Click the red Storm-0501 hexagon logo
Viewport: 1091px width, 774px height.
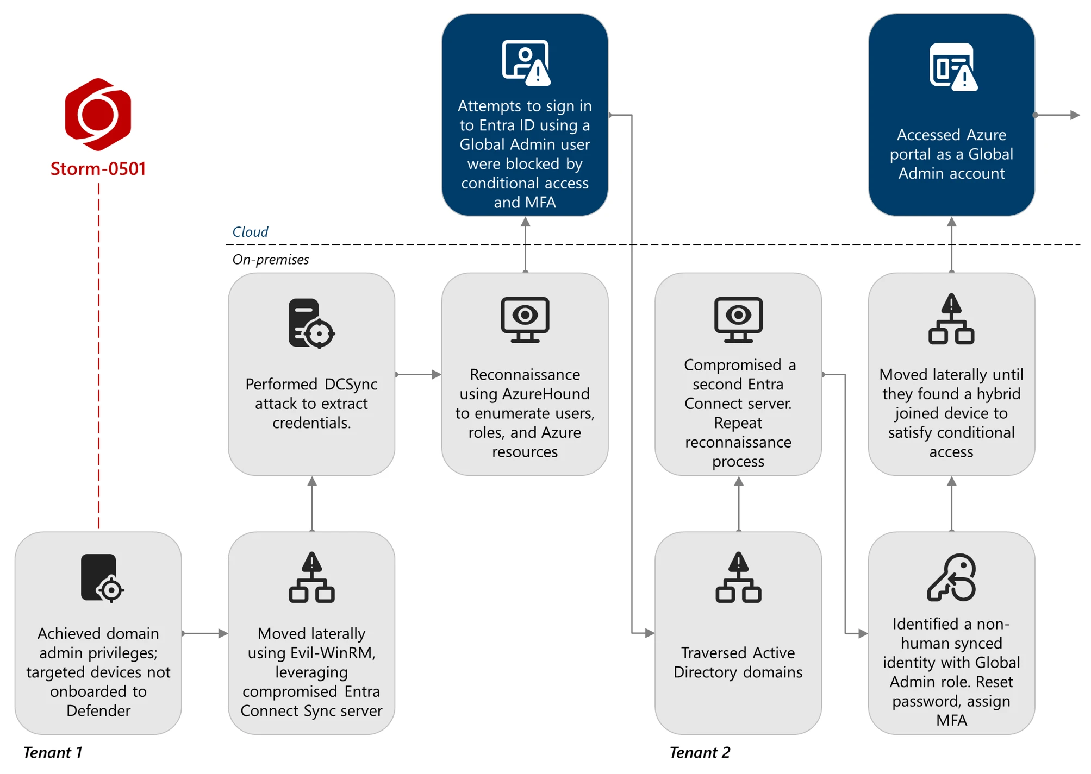coord(98,114)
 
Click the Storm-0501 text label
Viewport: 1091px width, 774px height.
coord(98,169)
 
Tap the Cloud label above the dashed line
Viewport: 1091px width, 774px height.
coord(250,232)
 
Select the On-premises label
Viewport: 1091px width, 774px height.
coord(270,260)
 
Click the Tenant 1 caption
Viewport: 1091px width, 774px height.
coord(52,752)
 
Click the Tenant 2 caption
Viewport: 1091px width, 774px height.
coord(699,752)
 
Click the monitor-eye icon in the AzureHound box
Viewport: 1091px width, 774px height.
coord(525,319)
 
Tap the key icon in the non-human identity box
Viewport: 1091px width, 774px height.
coord(951,578)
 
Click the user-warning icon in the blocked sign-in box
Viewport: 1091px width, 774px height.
coord(525,62)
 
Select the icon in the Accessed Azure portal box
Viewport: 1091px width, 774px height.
coord(952,67)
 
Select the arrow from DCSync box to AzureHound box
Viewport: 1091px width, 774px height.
coord(418,374)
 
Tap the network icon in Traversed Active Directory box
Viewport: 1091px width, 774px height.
coord(738,578)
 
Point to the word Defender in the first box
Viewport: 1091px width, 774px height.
coord(98,710)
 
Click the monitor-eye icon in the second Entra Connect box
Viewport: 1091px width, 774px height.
coord(738,319)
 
